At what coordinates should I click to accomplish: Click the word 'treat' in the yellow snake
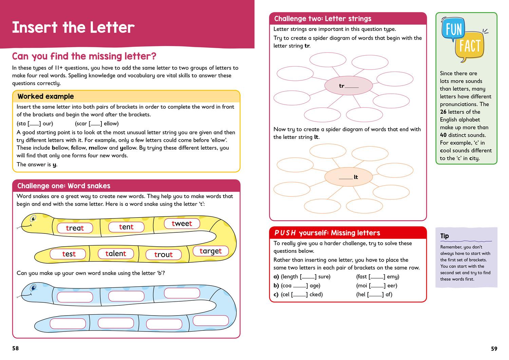(x=75, y=228)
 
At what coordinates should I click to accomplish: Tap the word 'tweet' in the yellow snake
(x=182, y=223)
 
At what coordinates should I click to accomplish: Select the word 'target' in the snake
(x=210, y=251)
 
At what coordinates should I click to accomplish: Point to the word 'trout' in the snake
(x=163, y=254)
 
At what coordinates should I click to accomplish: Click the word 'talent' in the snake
(x=116, y=253)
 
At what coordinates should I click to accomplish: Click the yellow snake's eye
(x=33, y=218)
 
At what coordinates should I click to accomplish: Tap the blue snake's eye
(x=33, y=288)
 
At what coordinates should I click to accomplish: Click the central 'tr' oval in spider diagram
(x=348, y=86)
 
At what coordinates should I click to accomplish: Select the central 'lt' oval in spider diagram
(x=348, y=177)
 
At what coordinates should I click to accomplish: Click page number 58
(x=16, y=348)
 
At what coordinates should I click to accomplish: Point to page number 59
(x=494, y=348)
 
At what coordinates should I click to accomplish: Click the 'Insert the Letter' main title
(x=73, y=27)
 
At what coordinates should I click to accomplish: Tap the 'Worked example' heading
(x=45, y=96)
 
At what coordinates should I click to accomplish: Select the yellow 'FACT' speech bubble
(x=470, y=46)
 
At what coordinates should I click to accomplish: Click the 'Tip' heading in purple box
(x=445, y=236)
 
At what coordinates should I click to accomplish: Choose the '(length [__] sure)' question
(x=305, y=277)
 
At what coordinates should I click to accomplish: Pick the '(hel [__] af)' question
(x=374, y=295)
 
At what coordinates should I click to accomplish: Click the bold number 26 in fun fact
(x=443, y=112)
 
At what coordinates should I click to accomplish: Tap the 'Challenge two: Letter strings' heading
(x=322, y=19)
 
